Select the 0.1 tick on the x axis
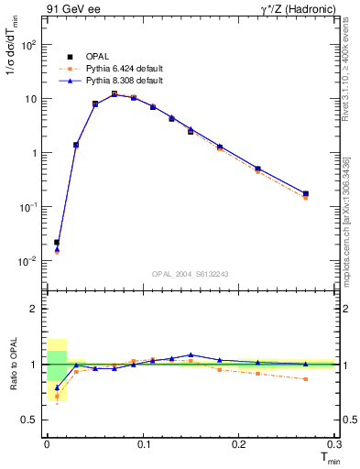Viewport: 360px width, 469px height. pos(142,443)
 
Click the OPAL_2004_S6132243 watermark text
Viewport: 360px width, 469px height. pos(190,274)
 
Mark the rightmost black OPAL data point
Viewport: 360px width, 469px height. pos(305,193)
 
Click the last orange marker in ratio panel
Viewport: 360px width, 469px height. pos(305,379)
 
